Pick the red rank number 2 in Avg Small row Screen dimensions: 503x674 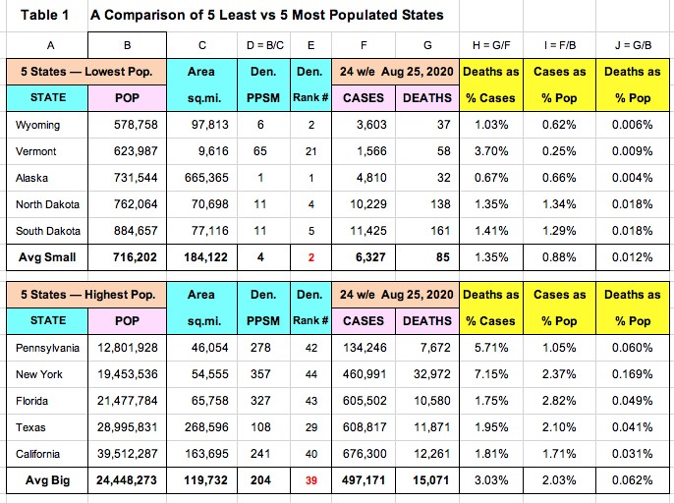tap(311, 258)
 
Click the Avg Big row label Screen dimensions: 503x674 tap(42, 480)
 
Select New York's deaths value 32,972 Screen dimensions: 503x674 tap(426, 374)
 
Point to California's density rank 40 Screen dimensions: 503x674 tap(311, 454)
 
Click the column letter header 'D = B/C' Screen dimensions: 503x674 tap(260, 45)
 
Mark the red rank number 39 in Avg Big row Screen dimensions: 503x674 tap(311, 480)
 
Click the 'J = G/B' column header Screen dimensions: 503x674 tap(632, 45)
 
